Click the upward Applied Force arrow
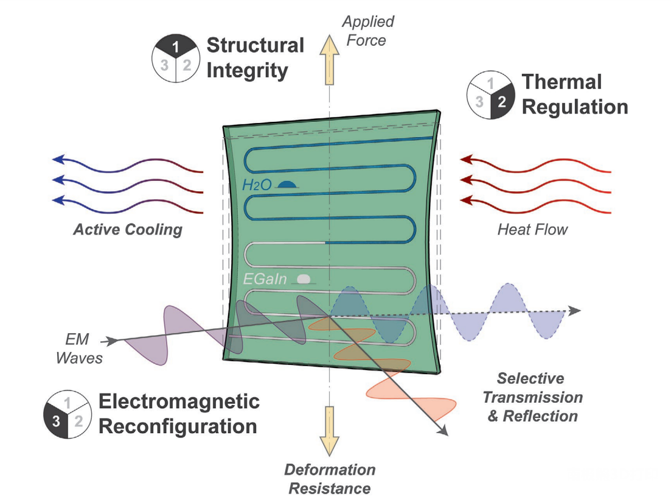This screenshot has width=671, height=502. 329,60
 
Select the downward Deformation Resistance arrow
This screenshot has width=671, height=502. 329,430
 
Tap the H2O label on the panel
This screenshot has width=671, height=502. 257,185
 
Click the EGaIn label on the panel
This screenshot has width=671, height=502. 265,279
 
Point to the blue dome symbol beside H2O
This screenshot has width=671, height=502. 287,185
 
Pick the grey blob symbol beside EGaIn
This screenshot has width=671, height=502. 304,280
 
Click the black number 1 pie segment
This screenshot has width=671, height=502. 175,46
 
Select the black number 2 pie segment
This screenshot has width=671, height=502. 501,102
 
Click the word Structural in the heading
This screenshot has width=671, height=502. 256,45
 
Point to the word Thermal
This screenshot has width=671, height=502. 562,82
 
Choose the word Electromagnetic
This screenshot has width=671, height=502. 179,401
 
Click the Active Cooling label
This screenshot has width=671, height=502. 128,230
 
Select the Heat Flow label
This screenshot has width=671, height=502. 532,229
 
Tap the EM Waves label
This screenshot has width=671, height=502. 79,348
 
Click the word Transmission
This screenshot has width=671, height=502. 533,397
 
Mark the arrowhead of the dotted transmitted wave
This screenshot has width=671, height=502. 575,311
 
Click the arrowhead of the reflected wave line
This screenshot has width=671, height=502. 443,431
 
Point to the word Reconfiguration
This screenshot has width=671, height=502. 178,426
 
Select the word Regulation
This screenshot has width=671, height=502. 575,107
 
